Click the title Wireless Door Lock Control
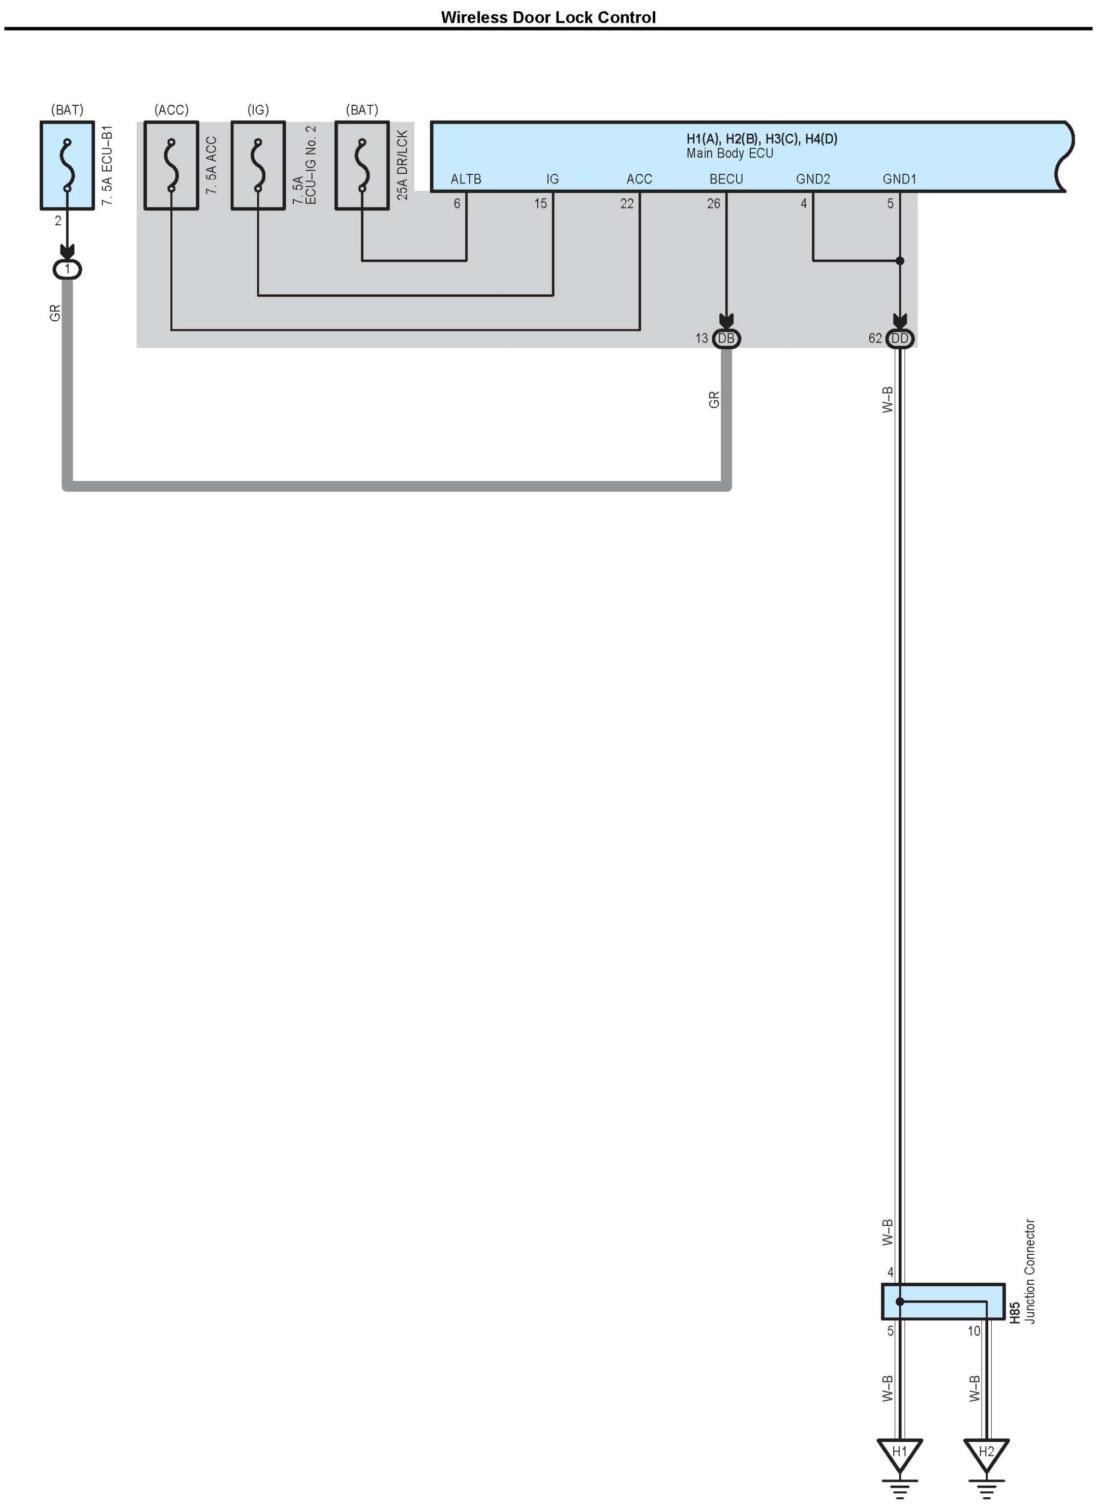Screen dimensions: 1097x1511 pyautogui.click(x=547, y=17)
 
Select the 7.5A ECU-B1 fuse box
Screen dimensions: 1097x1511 pyautogui.click(x=67, y=165)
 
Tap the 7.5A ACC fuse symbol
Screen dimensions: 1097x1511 pyautogui.click(x=171, y=165)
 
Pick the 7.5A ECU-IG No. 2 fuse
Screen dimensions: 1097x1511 pyautogui.click(x=258, y=165)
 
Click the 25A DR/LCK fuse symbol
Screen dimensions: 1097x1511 pyautogui.click(x=361, y=165)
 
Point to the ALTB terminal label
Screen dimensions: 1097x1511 pyautogui.click(x=466, y=179)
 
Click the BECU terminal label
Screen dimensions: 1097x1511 pyautogui.click(x=725, y=179)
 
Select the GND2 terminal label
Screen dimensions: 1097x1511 pyautogui.click(x=813, y=179)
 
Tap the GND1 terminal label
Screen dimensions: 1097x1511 pyautogui.click(x=899, y=179)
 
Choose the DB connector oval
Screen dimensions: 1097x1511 pyautogui.click(x=726, y=339)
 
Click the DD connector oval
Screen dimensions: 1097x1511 pyautogui.click(x=899, y=339)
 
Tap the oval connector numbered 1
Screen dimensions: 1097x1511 pyautogui.click(x=67, y=269)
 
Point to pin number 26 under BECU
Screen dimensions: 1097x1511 pyautogui.click(x=713, y=204)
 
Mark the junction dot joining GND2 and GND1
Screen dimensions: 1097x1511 pyautogui.click(x=899, y=260)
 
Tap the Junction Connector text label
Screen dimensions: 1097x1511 pyautogui.click(x=1030, y=1271)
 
